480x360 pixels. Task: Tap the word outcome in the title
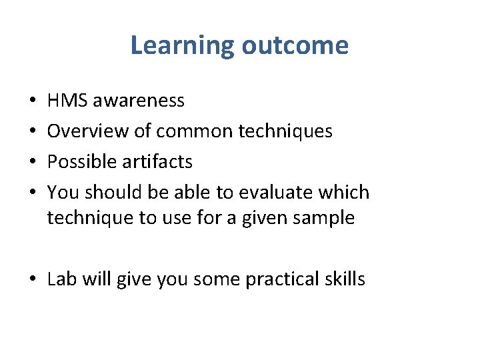pos(295,46)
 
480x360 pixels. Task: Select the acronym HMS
pos(67,101)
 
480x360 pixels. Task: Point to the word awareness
pos(139,101)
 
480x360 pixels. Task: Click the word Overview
pos(88,131)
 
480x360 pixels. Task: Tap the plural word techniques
pos(285,131)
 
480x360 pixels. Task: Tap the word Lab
pos(62,279)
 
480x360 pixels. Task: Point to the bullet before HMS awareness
pos(33,101)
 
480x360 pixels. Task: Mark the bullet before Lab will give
pos(33,279)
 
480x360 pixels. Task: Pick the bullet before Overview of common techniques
pos(33,132)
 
